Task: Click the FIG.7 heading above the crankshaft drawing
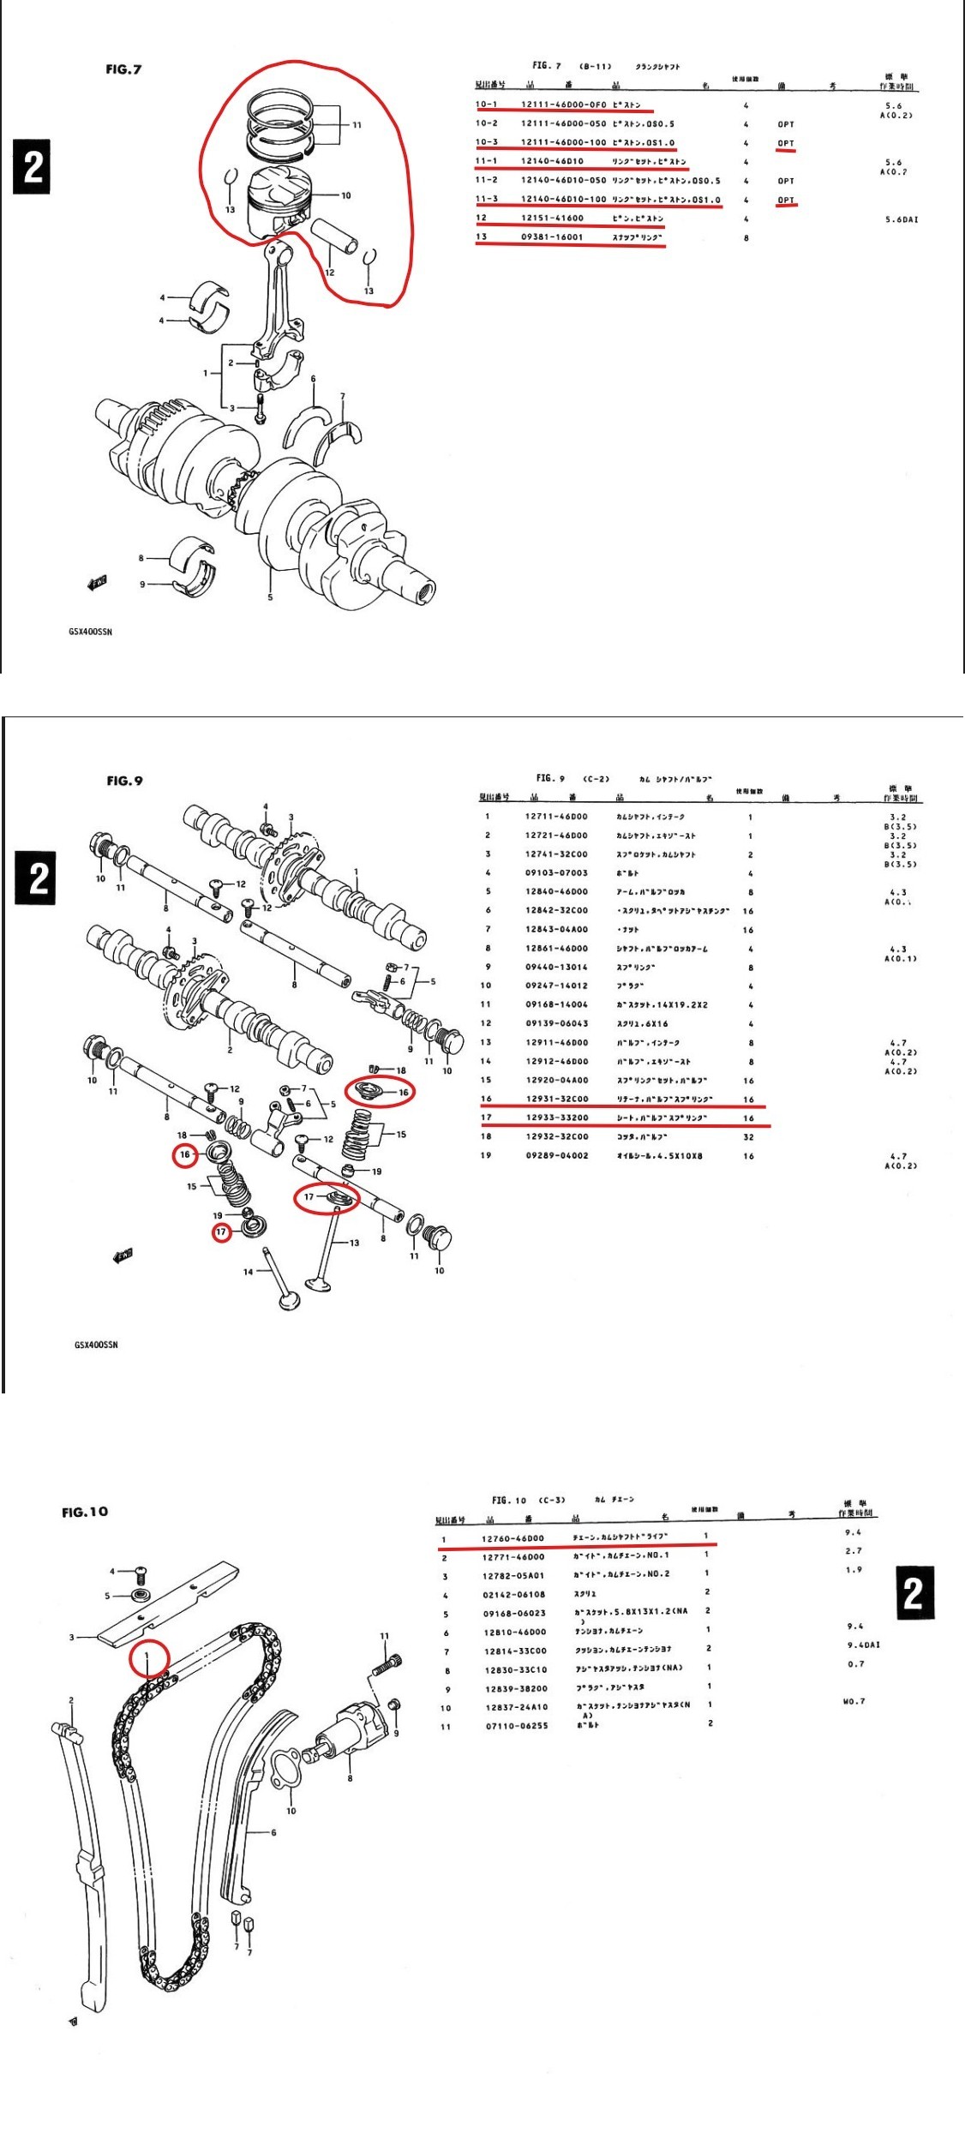123,69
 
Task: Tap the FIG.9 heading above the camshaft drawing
124,781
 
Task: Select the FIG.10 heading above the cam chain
85,1512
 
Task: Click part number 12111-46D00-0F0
563,105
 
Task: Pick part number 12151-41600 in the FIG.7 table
552,219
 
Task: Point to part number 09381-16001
552,237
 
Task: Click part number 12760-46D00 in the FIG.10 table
512,1538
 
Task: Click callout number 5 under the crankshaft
270,597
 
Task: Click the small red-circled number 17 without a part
222,1232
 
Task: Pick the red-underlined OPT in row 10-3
786,143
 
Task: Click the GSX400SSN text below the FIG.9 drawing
96,1345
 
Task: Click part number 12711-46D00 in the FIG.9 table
556,817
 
